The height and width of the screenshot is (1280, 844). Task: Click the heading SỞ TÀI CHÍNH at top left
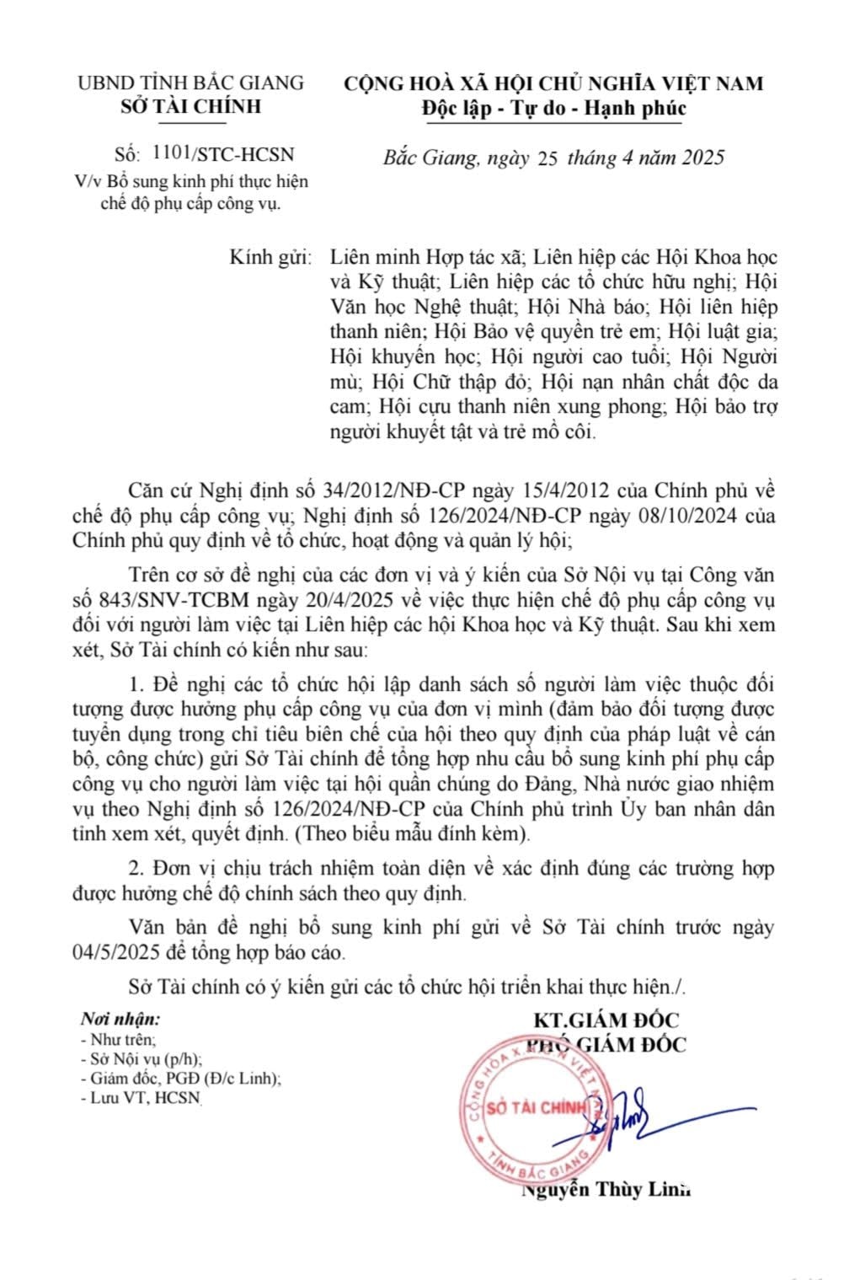(191, 106)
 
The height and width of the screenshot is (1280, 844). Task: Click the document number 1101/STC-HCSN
(223, 154)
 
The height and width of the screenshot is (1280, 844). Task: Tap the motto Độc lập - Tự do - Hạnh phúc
(553, 108)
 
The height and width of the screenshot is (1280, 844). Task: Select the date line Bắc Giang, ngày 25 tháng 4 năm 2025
(553, 158)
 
